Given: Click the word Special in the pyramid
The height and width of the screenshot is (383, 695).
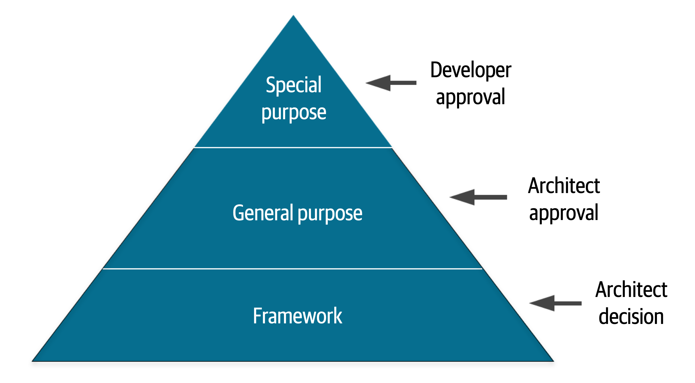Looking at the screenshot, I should (293, 85).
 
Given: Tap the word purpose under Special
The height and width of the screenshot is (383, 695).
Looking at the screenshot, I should (294, 113).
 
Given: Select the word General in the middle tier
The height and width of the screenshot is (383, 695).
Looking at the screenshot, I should (263, 213).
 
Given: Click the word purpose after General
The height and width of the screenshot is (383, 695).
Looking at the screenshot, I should (330, 214).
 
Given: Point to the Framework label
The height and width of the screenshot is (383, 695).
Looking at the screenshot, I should (298, 316).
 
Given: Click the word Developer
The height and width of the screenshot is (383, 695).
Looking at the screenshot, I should (471, 70).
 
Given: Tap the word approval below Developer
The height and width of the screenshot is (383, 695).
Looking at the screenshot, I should (470, 97).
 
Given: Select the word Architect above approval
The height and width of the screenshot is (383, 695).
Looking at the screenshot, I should (564, 186).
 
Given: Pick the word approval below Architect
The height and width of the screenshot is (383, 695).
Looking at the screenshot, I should (564, 213).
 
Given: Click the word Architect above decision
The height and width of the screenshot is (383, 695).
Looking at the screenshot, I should (631, 290).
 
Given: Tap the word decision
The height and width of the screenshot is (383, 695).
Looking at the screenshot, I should (631, 317).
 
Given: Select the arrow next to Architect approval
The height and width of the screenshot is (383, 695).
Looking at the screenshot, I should (478, 197).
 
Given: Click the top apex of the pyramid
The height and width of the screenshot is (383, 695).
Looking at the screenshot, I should (293, 16).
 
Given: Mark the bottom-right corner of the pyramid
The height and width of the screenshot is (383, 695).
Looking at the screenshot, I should (553, 361).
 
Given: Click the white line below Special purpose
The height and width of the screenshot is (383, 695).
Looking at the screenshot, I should (293, 148).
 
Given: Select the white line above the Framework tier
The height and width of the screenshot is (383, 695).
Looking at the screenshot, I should (292, 269).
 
